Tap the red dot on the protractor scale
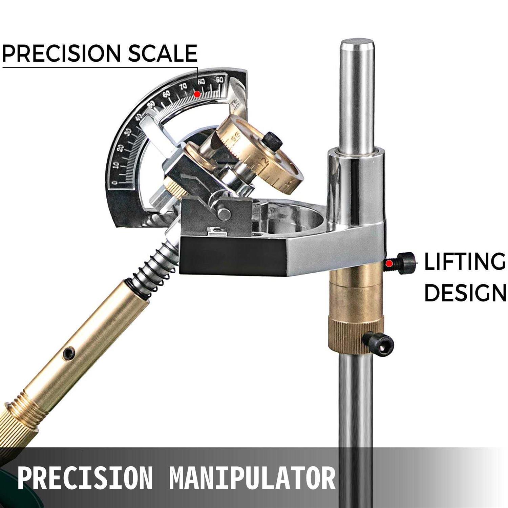tap(197, 94)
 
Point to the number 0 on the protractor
tap(115, 183)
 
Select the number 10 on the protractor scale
tap(116, 165)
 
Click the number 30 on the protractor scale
tap(127, 132)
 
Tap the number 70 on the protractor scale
tap(183, 87)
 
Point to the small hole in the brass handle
tap(69, 352)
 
